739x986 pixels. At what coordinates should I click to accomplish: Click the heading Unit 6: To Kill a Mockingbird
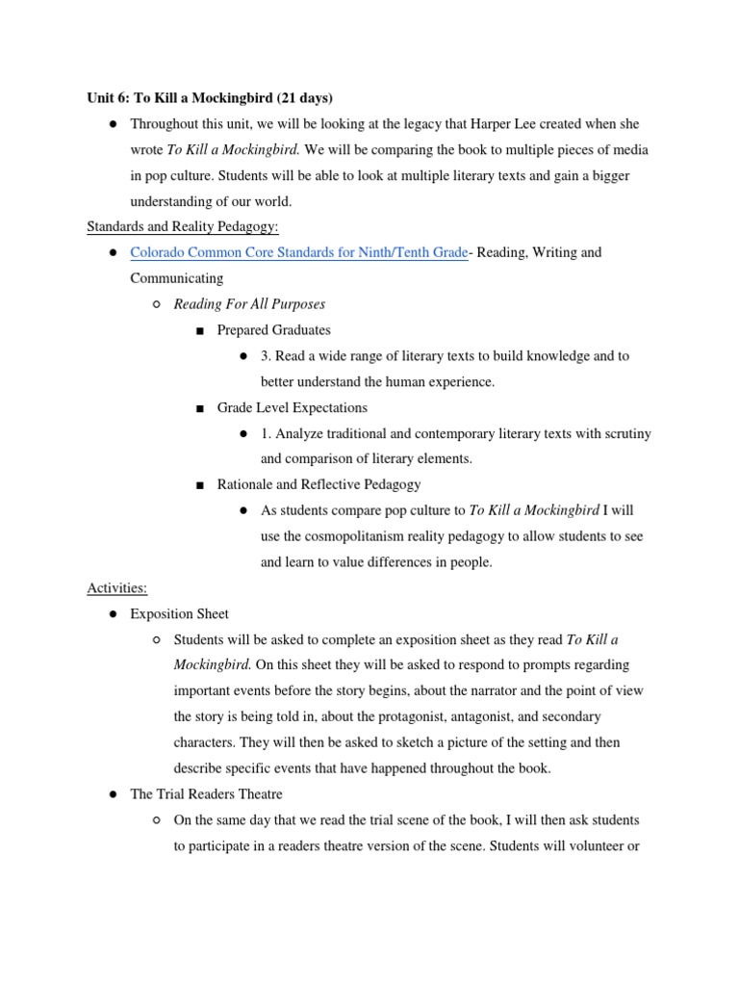point(209,98)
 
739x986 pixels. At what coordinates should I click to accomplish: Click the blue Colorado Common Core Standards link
point(299,252)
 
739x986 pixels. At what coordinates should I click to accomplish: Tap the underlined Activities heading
point(116,587)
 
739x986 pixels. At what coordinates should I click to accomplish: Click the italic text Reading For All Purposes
point(249,304)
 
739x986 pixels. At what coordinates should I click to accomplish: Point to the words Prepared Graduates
point(273,330)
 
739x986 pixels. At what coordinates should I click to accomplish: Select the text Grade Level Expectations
point(292,407)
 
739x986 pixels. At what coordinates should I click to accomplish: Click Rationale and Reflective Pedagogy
point(319,484)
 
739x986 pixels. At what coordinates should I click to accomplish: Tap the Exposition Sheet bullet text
point(180,613)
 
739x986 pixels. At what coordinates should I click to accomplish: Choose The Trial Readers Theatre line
point(206,794)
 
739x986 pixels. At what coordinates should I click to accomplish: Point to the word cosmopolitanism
point(361,536)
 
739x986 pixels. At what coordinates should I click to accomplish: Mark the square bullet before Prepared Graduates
point(200,331)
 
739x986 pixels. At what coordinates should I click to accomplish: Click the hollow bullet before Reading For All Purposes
point(157,305)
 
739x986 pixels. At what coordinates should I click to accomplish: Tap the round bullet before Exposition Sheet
point(113,614)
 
